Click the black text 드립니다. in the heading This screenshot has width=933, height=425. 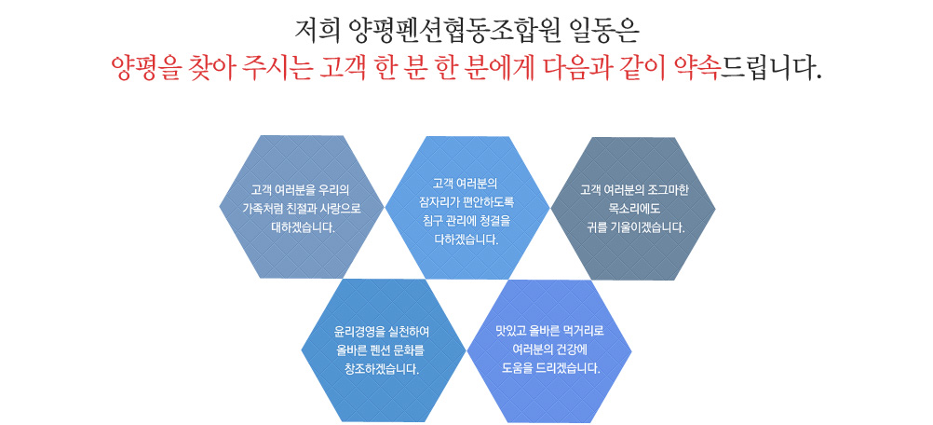coord(771,69)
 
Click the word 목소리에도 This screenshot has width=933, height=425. coord(633,209)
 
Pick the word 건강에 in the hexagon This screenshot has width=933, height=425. coord(573,349)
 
